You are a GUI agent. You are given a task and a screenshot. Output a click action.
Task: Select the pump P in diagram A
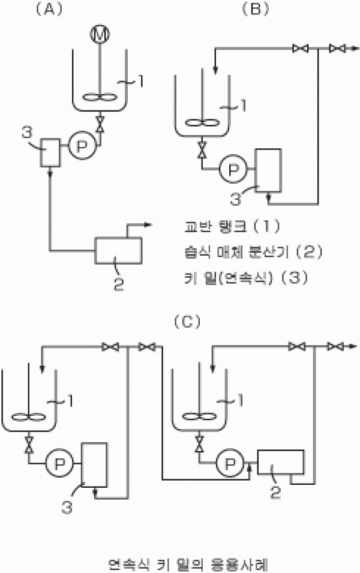point(79,144)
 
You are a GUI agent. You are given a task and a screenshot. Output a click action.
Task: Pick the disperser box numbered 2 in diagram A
point(118,250)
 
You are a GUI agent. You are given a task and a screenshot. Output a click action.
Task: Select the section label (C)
point(181,322)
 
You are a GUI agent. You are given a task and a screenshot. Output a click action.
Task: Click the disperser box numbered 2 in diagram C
point(281,463)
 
